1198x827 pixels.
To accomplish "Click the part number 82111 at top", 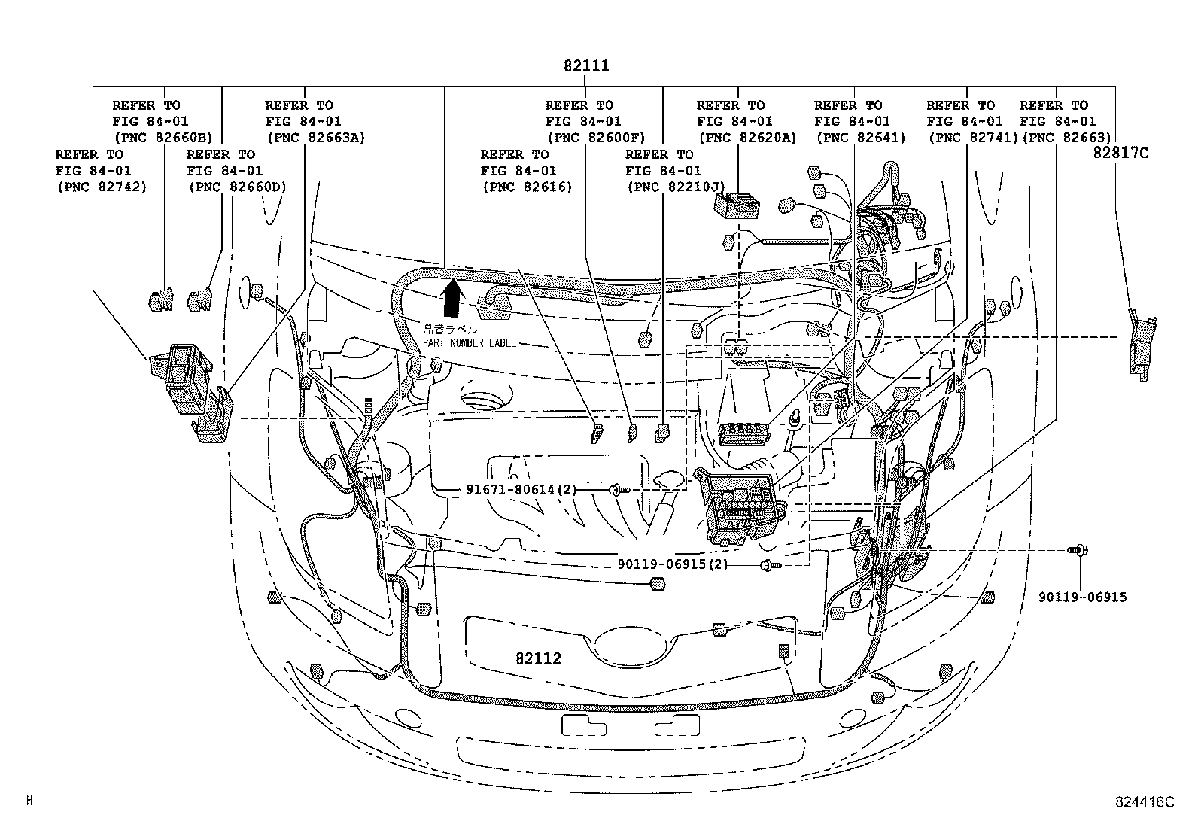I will click(586, 66).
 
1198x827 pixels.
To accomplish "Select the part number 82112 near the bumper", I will click(538, 658).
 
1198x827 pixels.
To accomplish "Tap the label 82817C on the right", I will click(1121, 154).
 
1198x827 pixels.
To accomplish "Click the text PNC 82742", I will click(102, 187).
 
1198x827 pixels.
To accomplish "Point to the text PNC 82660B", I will click(163, 138).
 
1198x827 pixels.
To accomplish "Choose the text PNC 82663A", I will click(315, 138).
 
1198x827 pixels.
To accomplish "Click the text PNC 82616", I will click(527, 187).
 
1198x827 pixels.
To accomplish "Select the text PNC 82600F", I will click(597, 138).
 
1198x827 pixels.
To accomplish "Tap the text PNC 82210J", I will click(675, 187).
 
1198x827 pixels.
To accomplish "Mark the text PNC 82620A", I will click(747, 138).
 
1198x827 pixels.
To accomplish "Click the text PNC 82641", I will click(861, 138).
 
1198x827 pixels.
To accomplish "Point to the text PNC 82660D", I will click(238, 187).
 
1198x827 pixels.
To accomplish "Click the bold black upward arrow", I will click(452, 299).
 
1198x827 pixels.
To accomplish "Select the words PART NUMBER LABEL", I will click(469, 343).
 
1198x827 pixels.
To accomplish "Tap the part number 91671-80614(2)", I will click(521, 490).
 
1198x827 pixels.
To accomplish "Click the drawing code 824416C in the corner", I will click(1145, 802).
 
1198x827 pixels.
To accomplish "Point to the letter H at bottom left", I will click(29, 801).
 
